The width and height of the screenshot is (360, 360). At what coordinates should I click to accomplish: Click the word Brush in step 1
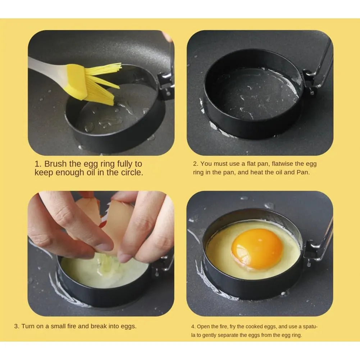click(56, 164)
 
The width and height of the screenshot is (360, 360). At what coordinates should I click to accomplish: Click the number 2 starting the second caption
click(195, 164)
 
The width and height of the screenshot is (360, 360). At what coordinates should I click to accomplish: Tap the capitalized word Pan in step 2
click(302, 172)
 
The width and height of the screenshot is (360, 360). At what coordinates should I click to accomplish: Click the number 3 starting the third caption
click(16, 327)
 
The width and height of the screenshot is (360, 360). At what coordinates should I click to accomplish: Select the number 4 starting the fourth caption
click(193, 327)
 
